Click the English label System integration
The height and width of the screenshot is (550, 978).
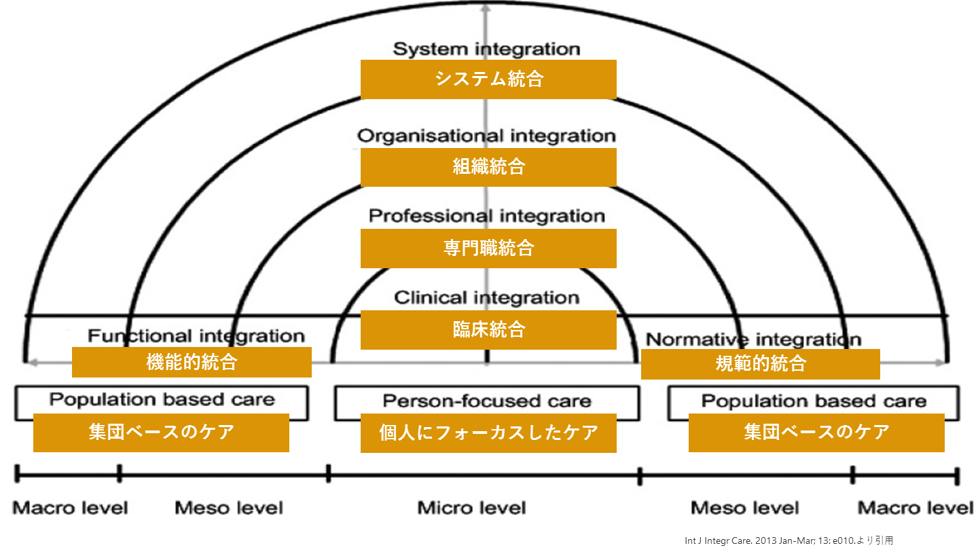[487, 49]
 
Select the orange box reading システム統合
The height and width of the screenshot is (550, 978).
[488, 79]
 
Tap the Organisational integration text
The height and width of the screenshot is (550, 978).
[487, 136]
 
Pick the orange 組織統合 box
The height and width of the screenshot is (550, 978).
[488, 166]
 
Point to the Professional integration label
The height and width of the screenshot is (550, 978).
[487, 216]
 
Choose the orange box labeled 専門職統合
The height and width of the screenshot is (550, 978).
[488, 248]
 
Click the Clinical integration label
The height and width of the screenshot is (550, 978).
[487, 297]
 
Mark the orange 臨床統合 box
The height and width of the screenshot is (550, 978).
[488, 330]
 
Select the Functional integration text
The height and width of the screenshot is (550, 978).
[196, 335]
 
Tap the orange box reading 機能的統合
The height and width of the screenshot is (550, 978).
[192, 362]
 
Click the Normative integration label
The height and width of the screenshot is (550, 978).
[753, 340]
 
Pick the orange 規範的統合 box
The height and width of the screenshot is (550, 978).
[760, 364]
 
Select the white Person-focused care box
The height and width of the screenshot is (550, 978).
[487, 401]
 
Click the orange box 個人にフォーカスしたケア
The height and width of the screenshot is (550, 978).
[488, 433]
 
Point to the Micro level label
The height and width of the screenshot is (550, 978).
[471, 507]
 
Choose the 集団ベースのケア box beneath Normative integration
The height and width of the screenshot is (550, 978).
[816, 432]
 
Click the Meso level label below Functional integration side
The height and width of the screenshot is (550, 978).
[229, 507]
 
